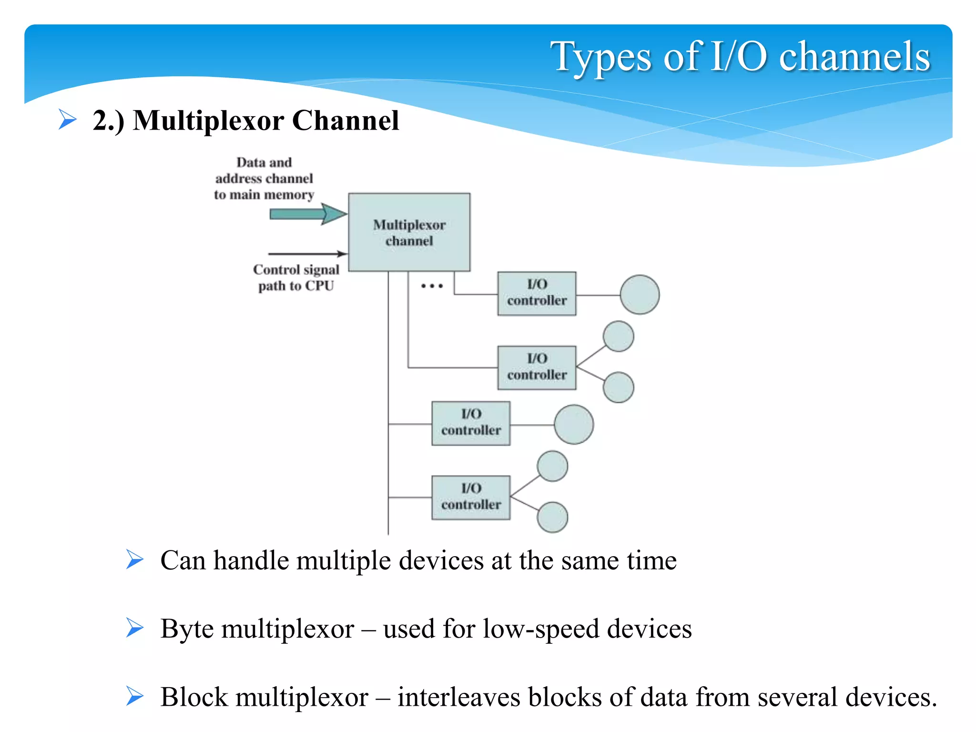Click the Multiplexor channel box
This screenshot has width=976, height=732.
(409, 232)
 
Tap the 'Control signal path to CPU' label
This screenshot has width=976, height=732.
(296, 278)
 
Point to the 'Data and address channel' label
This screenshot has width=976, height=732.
(264, 178)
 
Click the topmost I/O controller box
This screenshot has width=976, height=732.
(537, 294)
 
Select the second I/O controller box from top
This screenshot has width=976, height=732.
(537, 367)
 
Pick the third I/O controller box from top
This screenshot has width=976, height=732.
(471, 423)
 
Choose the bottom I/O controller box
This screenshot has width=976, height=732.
(471, 497)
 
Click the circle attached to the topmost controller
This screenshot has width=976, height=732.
(640, 295)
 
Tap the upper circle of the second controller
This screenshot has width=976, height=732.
(618, 336)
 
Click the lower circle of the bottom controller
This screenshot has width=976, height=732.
(552, 517)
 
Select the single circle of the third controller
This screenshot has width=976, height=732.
(574, 424)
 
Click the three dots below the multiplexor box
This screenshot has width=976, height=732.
(432, 286)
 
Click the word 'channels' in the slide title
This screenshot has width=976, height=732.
(854, 56)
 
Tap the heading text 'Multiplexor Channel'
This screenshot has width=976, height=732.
(265, 120)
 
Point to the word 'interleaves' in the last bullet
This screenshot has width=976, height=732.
(459, 697)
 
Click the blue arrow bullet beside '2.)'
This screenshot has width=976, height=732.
(68, 119)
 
